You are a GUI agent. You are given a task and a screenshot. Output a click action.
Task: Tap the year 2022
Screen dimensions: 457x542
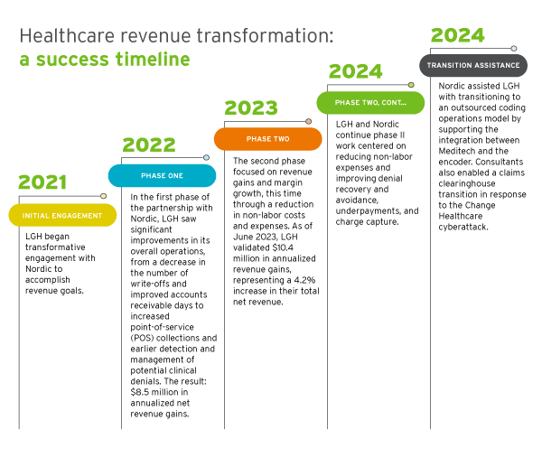click(149, 145)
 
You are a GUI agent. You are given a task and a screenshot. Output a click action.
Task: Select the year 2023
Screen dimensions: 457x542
click(251, 108)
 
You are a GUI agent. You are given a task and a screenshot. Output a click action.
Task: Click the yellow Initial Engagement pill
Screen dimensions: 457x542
click(62, 215)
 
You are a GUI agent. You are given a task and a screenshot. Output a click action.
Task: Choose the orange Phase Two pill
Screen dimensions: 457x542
click(267, 139)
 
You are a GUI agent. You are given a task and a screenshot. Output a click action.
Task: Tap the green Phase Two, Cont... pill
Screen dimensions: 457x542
click(370, 103)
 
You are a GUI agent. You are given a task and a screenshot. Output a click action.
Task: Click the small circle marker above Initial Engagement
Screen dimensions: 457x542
click(103, 195)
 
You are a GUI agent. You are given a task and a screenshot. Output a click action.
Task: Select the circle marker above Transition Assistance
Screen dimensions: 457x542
click(514, 47)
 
